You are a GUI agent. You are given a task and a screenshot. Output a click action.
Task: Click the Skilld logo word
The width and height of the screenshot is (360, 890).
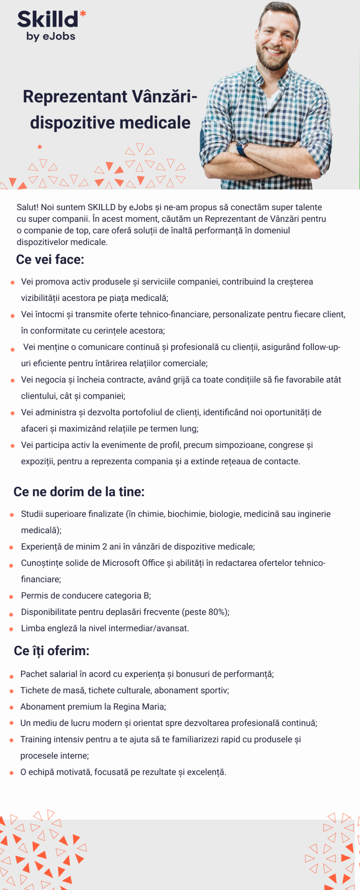tap(48, 20)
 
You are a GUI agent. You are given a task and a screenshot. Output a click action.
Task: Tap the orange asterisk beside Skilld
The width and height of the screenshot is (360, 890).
tap(83, 14)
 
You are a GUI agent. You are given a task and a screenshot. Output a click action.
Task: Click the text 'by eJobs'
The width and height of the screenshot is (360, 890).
tap(51, 36)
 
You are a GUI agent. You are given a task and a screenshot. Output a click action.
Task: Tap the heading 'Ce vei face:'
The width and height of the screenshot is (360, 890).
tap(50, 259)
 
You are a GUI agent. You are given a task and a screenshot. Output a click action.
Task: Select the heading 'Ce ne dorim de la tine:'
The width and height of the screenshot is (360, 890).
tap(79, 492)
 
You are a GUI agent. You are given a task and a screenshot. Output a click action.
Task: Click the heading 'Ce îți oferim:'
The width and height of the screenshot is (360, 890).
tap(51, 651)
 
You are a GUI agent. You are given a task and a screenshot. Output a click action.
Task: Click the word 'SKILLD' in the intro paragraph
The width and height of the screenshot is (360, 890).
tap(101, 207)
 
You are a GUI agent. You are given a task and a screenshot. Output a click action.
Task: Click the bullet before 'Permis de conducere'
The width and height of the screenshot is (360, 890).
tap(11, 597)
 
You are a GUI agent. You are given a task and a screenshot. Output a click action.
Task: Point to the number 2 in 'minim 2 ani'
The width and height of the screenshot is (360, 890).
tap(105, 547)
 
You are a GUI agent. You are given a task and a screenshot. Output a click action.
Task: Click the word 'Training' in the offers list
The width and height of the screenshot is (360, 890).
tap(36, 739)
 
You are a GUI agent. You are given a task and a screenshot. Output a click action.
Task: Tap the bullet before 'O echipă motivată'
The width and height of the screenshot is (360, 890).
tap(12, 773)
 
